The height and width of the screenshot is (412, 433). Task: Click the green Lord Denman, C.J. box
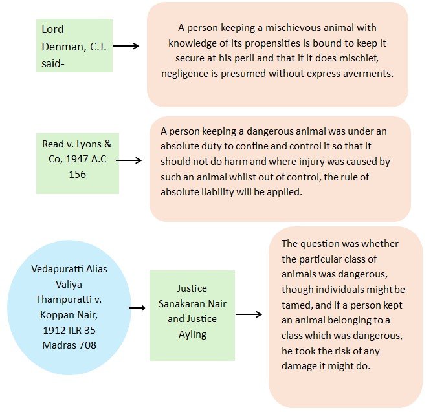(x=74, y=45)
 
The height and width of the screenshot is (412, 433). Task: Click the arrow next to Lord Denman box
(x=127, y=46)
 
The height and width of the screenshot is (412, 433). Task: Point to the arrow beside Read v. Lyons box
(x=129, y=160)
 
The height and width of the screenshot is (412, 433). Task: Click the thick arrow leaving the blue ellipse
(x=137, y=308)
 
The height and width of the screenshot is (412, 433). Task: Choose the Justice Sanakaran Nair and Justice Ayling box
(x=192, y=314)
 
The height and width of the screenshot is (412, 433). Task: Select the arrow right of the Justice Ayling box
(x=249, y=314)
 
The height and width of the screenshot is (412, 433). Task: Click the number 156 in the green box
(x=77, y=174)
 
